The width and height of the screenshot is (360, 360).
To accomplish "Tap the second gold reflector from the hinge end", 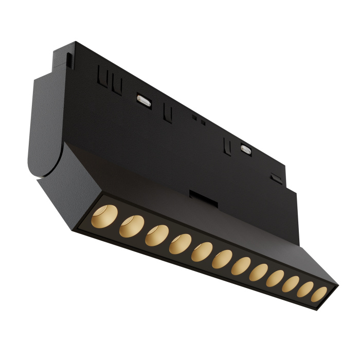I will [131, 225].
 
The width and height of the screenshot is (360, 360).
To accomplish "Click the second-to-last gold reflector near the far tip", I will [305, 290].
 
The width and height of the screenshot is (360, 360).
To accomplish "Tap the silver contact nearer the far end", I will [245, 150].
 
